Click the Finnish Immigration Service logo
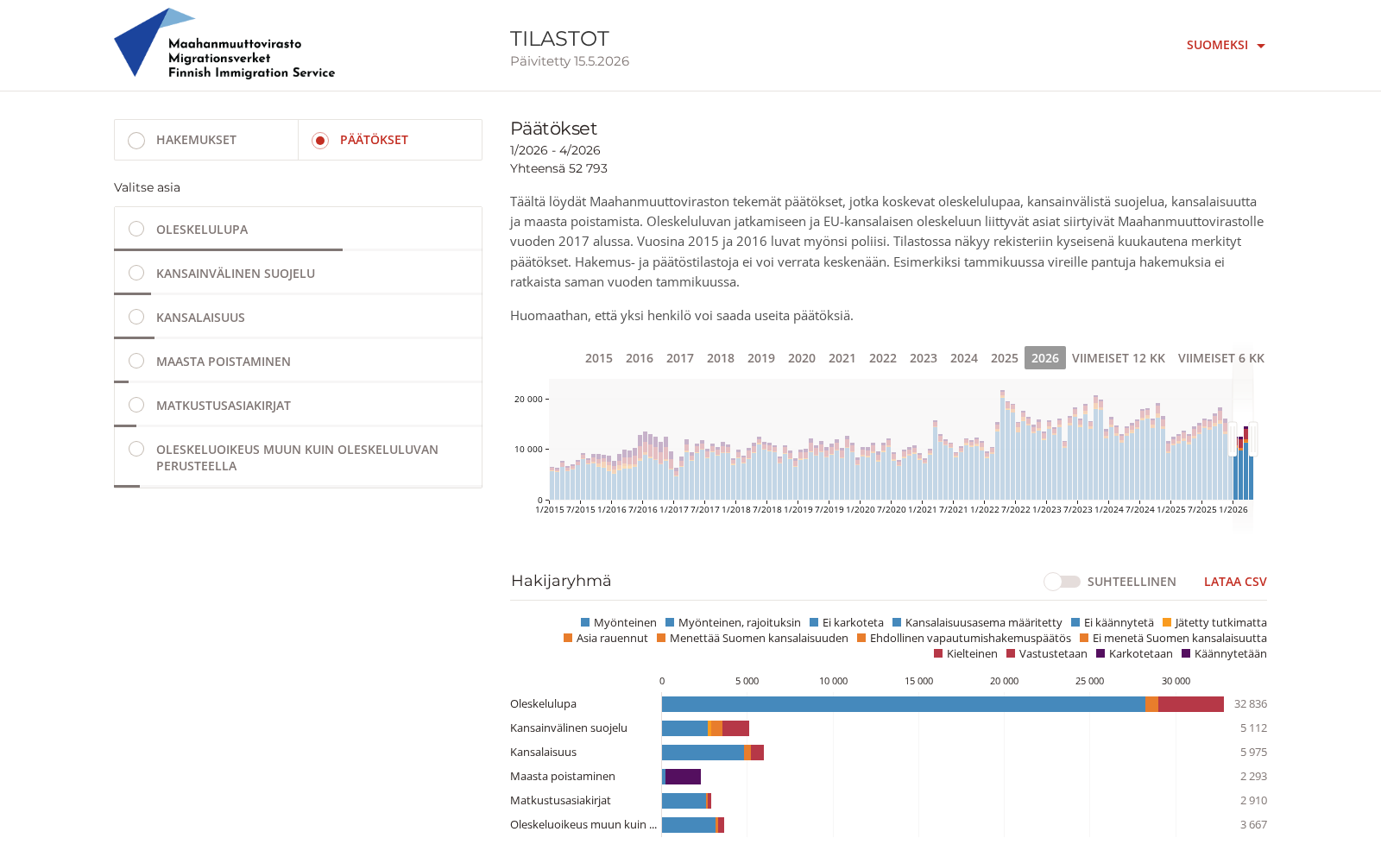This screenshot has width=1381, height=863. (224, 43)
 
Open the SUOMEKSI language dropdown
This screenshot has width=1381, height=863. (1226, 45)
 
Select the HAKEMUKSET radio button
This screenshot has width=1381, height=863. (136, 140)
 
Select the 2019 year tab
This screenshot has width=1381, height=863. (760, 358)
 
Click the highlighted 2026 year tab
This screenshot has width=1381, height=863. (1045, 358)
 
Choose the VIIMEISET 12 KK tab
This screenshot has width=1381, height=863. (1119, 358)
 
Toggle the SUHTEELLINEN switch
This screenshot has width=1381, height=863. (1062, 582)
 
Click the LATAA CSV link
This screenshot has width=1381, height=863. (1235, 582)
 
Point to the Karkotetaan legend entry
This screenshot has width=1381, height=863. (1134, 653)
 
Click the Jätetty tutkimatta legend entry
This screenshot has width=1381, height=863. (1214, 622)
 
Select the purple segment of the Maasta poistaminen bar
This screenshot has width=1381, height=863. (683, 777)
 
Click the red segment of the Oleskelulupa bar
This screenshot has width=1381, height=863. (1190, 704)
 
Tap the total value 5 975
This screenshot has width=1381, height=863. (1253, 752)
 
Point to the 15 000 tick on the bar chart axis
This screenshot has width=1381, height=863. (918, 681)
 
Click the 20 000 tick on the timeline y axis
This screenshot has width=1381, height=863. (528, 399)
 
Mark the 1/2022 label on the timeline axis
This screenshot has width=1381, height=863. (985, 510)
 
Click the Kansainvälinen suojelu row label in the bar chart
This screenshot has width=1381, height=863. (569, 728)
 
